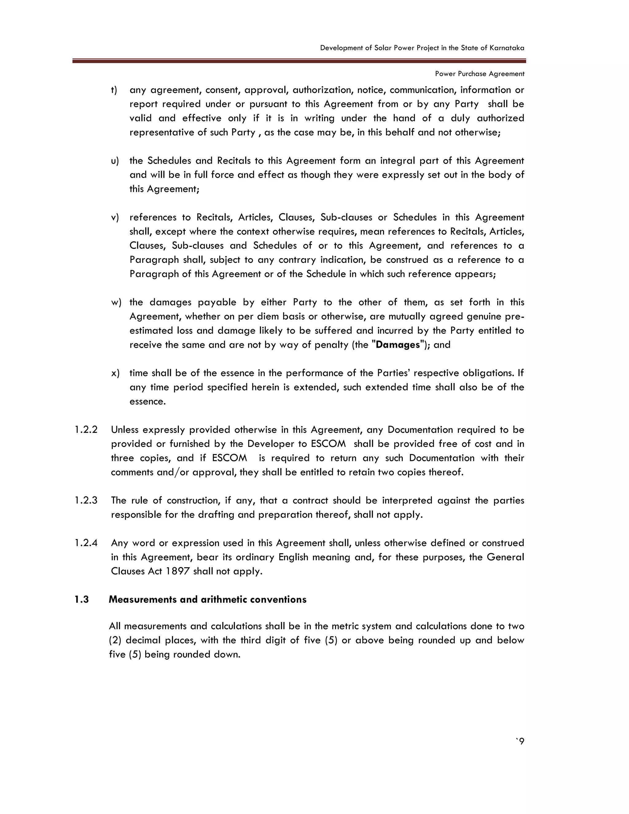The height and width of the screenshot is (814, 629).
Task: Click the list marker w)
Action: pyautogui.click(x=116, y=303)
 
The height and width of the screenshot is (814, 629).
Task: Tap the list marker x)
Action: pyautogui.click(x=115, y=374)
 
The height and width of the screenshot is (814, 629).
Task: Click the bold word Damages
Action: pyautogui.click(x=398, y=345)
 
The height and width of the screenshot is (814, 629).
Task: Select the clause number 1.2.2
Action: pyautogui.click(x=86, y=430)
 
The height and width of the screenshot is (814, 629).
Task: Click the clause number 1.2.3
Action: pyautogui.click(x=86, y=501)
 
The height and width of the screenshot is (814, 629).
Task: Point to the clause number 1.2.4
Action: pyautogui.click(x=86, y=543)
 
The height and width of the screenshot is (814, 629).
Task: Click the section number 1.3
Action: pyautogui.click(x=81, y=600)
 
